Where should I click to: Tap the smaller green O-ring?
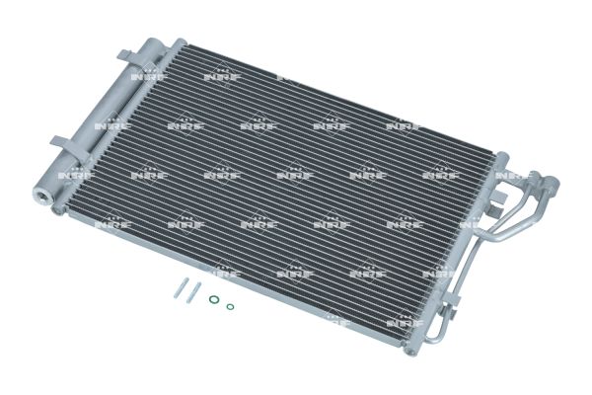[x=230, y=306]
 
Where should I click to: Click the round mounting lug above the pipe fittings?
[x=500, y=157]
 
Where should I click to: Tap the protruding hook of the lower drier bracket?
[x=54, y=137]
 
